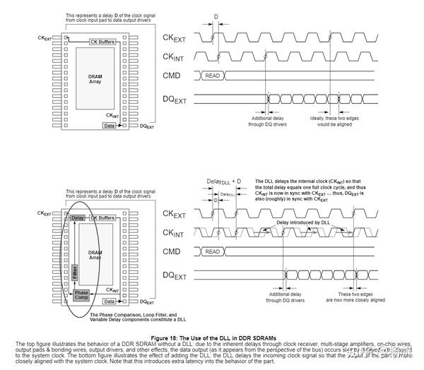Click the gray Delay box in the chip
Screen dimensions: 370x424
click(x=78, y=218)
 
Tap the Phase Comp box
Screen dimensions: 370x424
click(x=81, y=295)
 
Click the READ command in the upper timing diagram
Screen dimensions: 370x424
click(x=211, y=73)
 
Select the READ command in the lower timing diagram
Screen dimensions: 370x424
click(x=211, y=251)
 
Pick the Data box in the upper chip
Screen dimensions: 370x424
click(x=109, y=125)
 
